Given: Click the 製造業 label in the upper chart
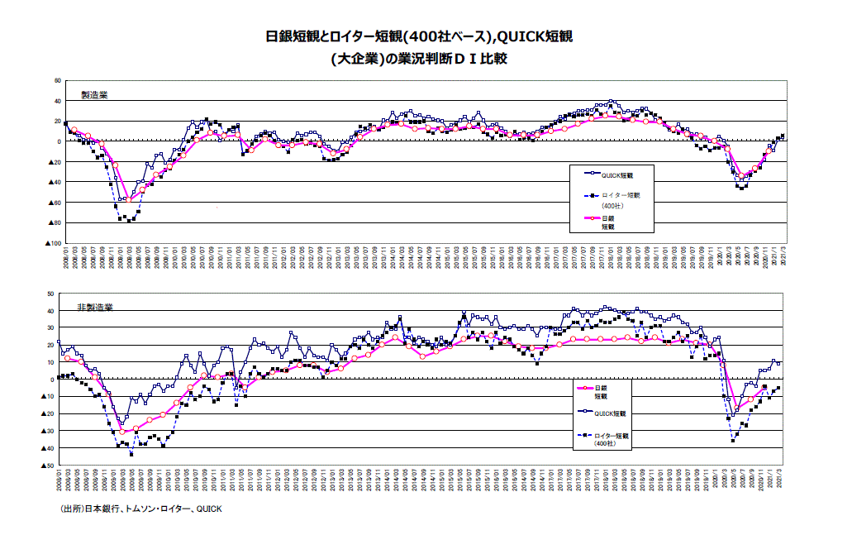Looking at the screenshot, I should pyautogui.click(x=94, y=94).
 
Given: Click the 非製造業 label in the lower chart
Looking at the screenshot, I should pyautogui.click(x=95, y=307).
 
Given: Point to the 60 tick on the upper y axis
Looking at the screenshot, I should pyautogui.click(x=58, y=80).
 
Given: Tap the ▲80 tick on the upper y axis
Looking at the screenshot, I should pyautogui.click(x=55, y=222).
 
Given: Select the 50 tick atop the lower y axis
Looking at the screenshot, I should pyautogui.click(x=50, y=294).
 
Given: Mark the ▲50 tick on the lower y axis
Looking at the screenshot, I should pyautogui.click(x=48, y=466).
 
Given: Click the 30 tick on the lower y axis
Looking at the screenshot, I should pyautogui.click(x=50, y=328).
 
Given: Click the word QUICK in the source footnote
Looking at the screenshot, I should pyautogui.click(x=208, y=509).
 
